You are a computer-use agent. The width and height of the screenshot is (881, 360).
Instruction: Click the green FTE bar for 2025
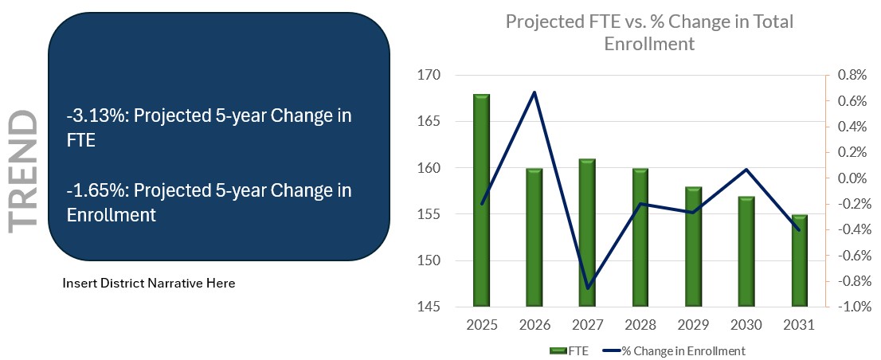(x=481, y=199)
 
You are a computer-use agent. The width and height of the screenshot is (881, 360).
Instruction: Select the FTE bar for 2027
(x=587, y=231)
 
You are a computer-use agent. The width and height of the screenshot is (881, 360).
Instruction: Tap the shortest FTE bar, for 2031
(x=799, y=260)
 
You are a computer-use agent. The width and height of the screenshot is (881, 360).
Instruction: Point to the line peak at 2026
(x=534, y=92)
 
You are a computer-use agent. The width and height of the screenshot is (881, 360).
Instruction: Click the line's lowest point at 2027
(x=587, y=288)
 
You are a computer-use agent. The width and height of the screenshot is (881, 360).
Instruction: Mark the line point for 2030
(x=746, y=169)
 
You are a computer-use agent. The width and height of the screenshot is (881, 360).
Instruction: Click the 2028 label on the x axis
(x=640, y=327)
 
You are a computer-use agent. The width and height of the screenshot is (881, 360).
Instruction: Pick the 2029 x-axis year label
(x=693, y=327)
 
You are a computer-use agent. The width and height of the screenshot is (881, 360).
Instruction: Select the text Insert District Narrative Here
(x=148, y=283)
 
